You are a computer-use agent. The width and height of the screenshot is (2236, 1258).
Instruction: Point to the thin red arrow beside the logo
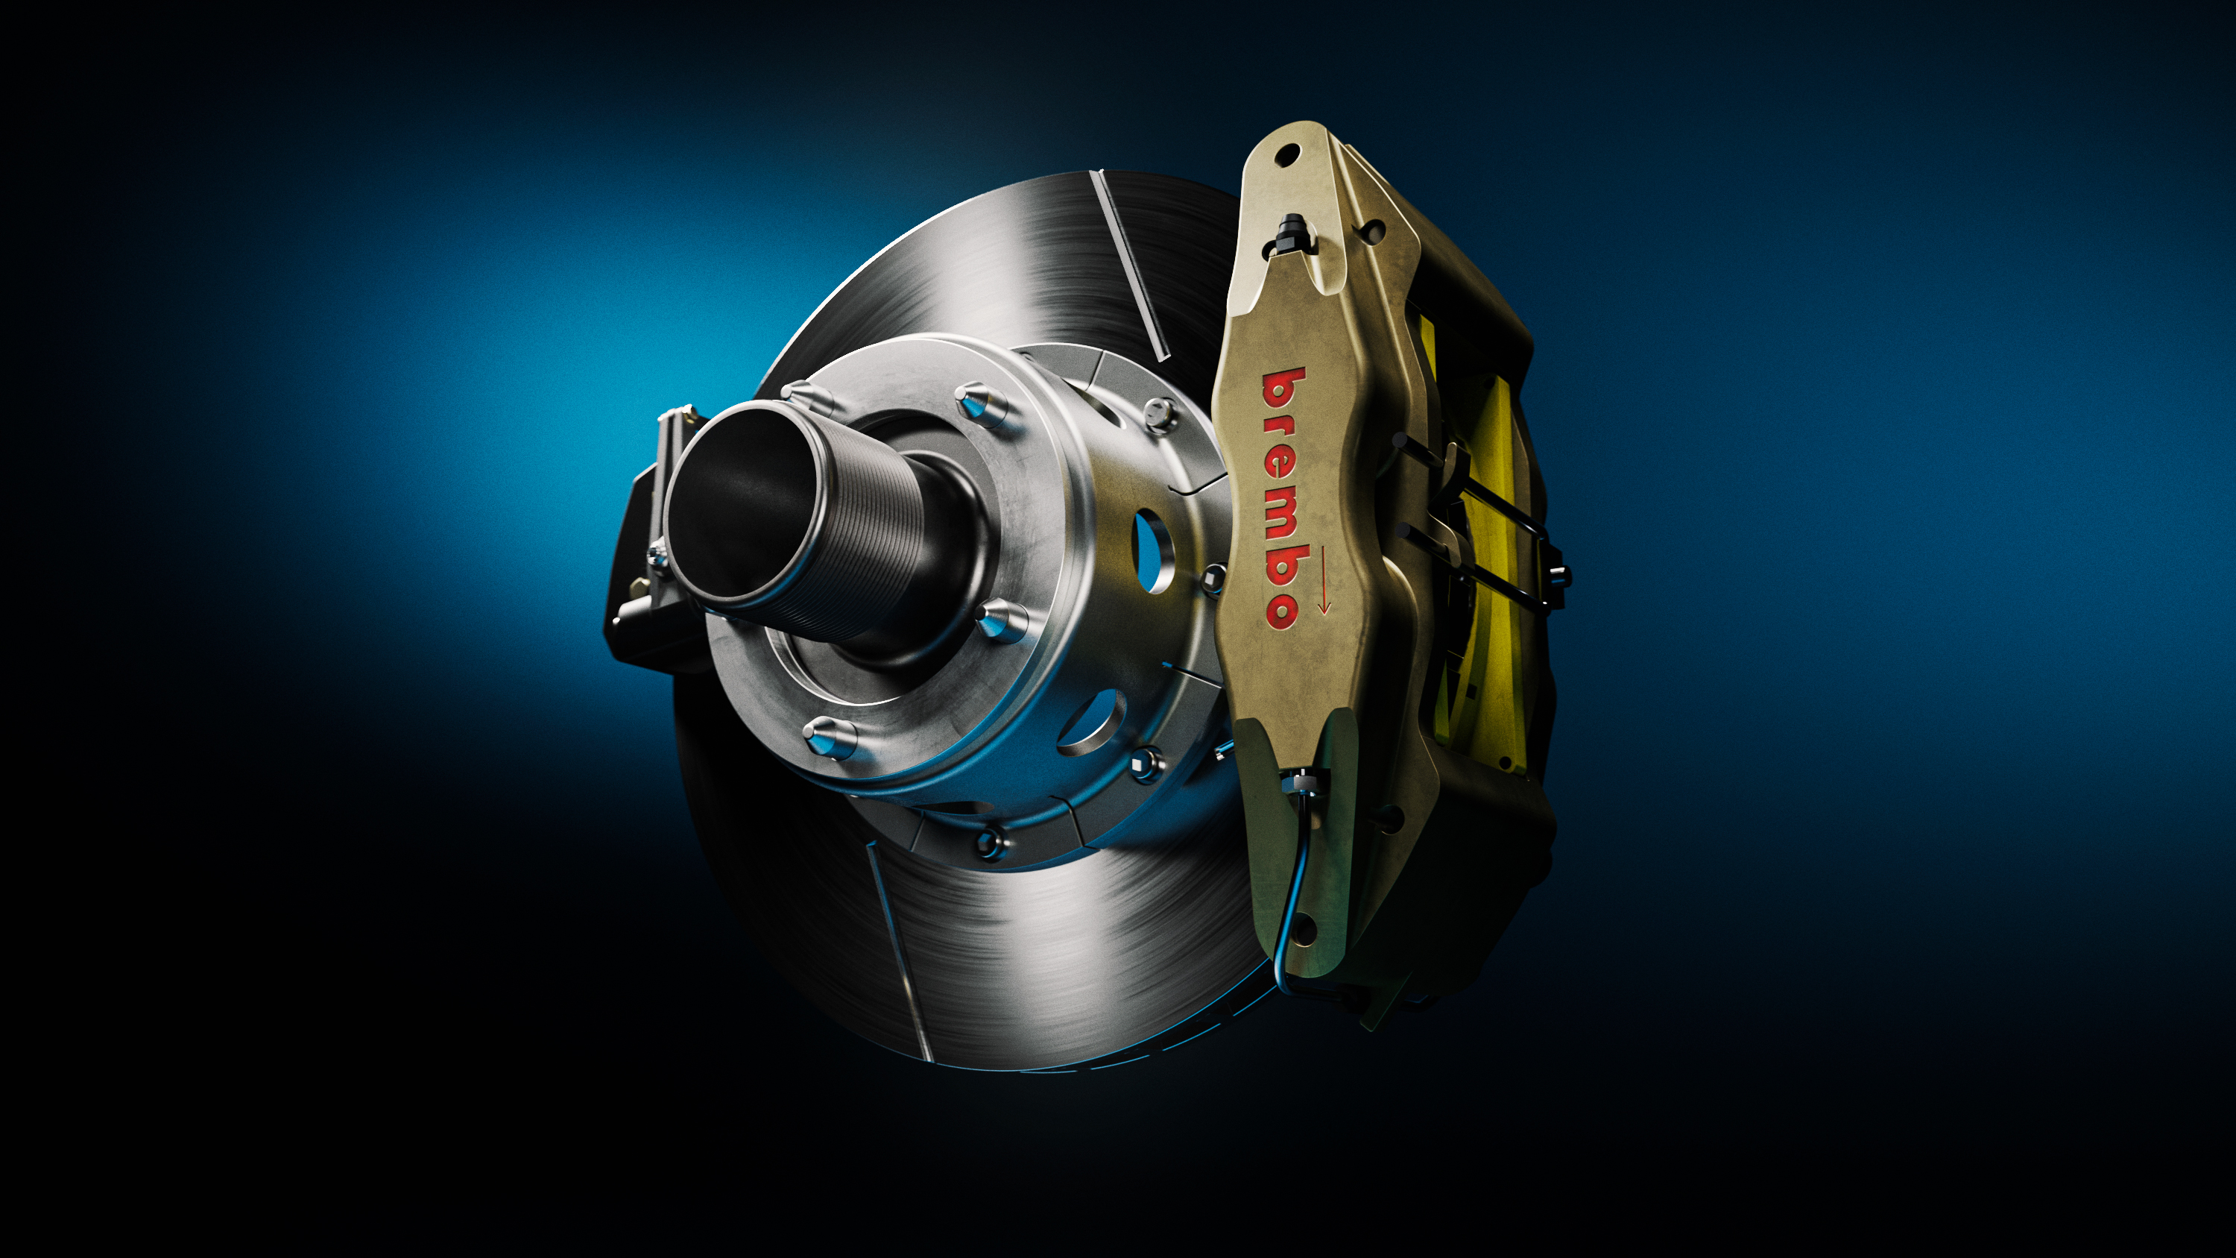tap(1323, 579)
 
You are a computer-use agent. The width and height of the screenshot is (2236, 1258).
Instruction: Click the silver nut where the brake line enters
tap(1301, 784)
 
